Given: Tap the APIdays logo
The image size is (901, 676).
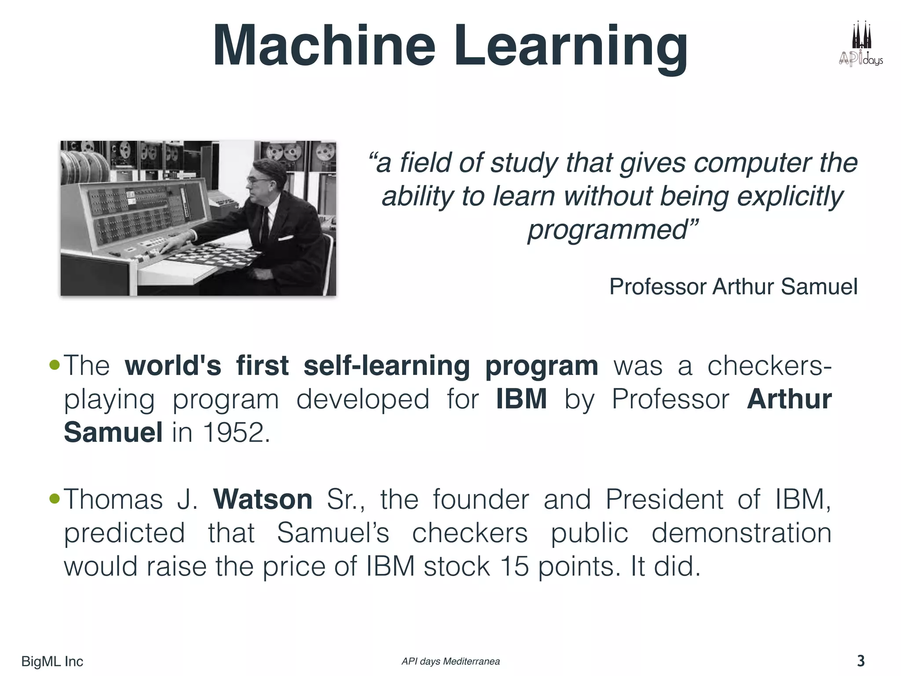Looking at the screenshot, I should [x=860, y=44].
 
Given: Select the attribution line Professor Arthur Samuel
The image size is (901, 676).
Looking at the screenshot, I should [x=733, y=287].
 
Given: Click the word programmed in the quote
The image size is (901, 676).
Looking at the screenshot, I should [x=607, y=229].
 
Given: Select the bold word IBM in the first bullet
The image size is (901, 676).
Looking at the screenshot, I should [x=521, y=399].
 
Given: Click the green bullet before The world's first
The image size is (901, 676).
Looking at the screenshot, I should [x=55, y=365].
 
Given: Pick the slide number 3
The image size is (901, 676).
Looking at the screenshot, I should [x=861, y=661].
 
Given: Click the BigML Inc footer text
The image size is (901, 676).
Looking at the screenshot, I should [x=52, y=661].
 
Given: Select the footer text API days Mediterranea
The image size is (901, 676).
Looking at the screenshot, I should [x=450, y=661].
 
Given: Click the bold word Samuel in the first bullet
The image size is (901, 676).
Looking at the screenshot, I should [x=113, y=432].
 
